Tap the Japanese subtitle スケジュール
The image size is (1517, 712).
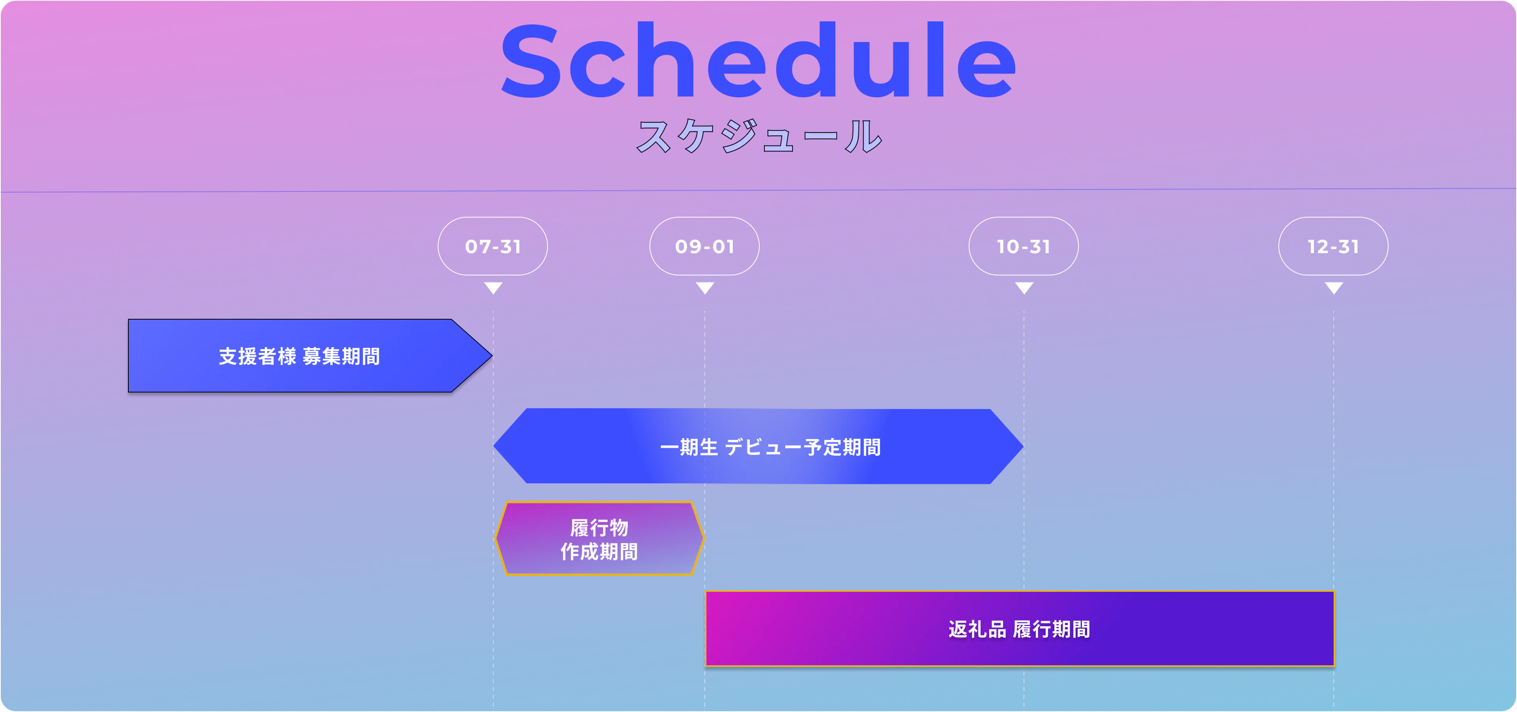coord(760,136)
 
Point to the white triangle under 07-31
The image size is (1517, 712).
coord(493,287)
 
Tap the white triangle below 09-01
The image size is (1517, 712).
coord(705,287)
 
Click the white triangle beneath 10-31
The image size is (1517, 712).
coord(1024,287)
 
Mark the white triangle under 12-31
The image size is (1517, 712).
coord(1334,287)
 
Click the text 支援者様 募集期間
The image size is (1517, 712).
coord(299,356)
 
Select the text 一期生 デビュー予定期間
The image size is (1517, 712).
coord(770,447)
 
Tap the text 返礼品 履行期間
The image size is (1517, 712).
coord(1019,629)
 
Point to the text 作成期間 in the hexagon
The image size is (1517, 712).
coord(599,552)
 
